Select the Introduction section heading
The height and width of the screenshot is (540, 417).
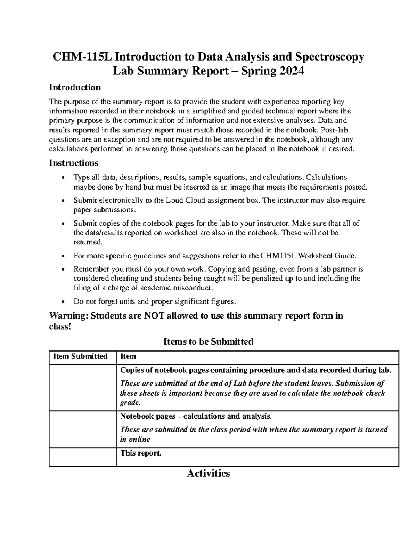75,87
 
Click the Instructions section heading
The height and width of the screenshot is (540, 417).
74,163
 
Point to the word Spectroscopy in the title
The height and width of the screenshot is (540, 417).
329,56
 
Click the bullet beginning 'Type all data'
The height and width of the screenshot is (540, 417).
63,178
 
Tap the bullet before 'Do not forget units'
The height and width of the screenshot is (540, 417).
63,301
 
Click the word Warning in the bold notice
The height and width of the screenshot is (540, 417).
68,316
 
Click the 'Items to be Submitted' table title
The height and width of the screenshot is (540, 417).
208,342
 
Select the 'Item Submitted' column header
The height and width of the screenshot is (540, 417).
80,357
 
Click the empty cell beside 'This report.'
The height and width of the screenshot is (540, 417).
83,457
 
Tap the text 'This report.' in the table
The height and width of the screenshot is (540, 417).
141,453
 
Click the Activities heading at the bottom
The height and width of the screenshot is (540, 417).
208,474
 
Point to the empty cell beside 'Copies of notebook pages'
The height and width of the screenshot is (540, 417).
83,388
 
